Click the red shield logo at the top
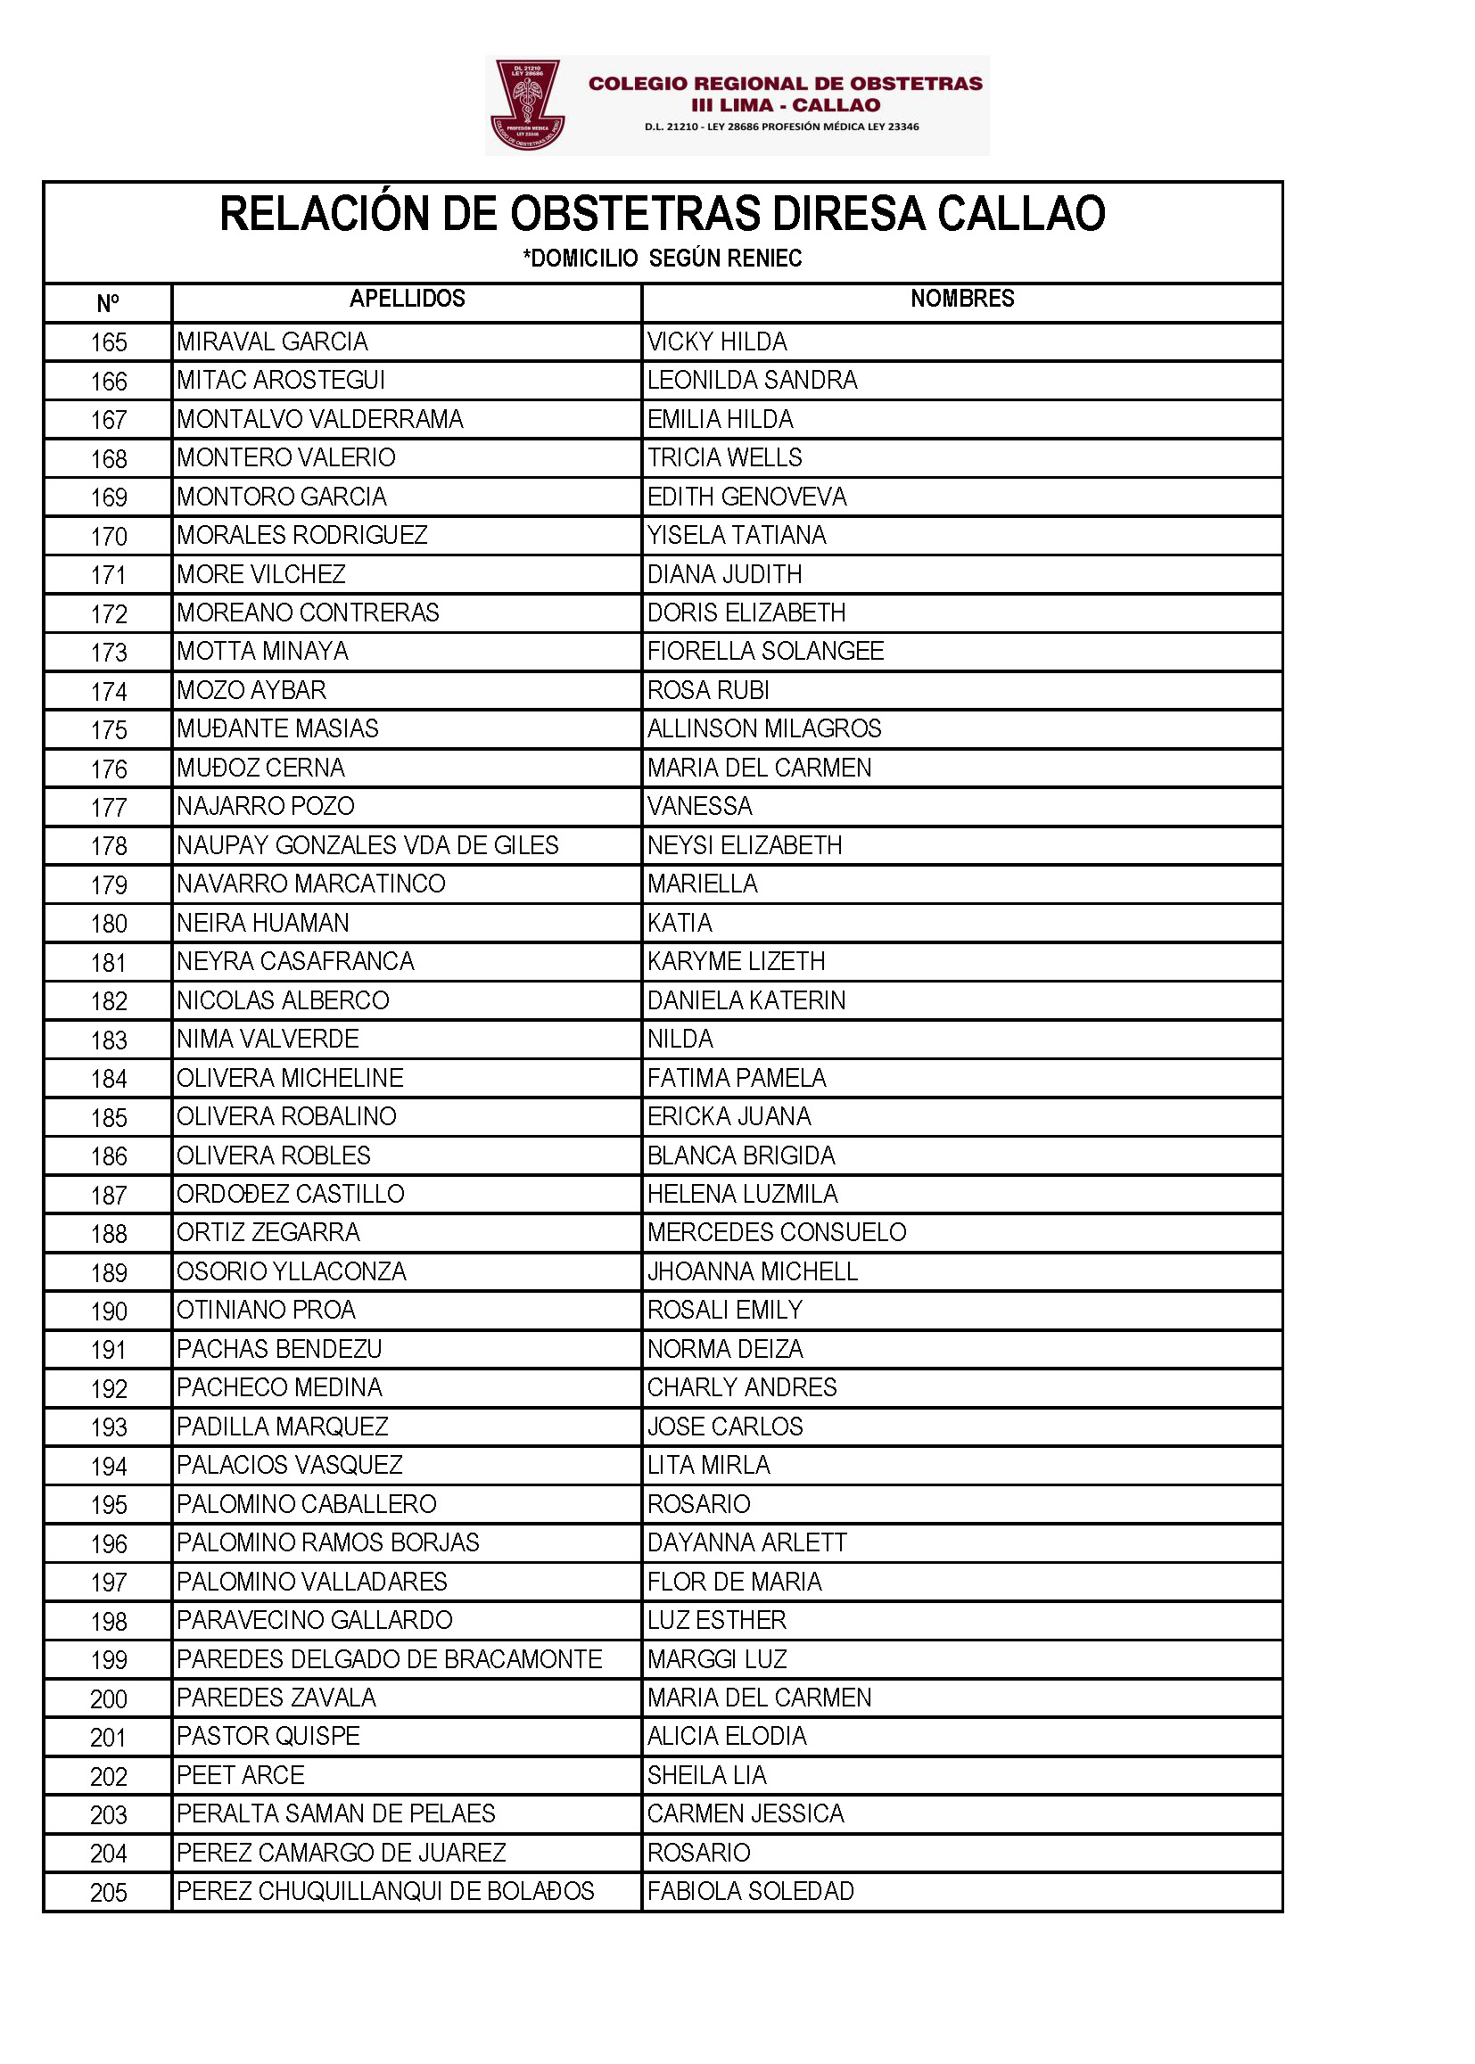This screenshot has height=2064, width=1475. [x=528, y=105]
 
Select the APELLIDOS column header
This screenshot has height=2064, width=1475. [x=407, y=299]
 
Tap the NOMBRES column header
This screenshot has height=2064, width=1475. [x=962, y=299]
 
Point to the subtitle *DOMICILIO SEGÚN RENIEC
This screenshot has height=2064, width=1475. [x=662, y=259]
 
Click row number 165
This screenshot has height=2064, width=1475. [x=109, y=342]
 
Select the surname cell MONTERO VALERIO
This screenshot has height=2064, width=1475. [x=286, y=457]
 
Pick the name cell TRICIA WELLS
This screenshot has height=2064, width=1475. [x=725, y=457]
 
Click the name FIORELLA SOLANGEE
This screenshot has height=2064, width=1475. [x=766, y=651]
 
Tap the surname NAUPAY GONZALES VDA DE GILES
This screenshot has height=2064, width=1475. [x=367, y=845]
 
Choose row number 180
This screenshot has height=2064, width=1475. [x=109, y=924]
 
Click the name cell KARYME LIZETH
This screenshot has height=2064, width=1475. [x=737, y=962]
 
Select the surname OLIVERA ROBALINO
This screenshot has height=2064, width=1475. [x=287, y=1116]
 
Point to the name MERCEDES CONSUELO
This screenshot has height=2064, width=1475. [x=778, y=1232]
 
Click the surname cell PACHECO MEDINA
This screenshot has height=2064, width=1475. [x=280, y=1387]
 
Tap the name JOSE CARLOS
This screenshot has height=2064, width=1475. [x=726, y=1427]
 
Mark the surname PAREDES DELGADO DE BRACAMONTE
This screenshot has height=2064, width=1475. [x=390, y=1659]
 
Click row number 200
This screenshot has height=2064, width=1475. [x=109, y=1699]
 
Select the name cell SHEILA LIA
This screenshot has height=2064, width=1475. [x=707, y=1775]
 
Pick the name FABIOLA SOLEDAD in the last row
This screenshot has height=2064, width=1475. [x=751, y=1891]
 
